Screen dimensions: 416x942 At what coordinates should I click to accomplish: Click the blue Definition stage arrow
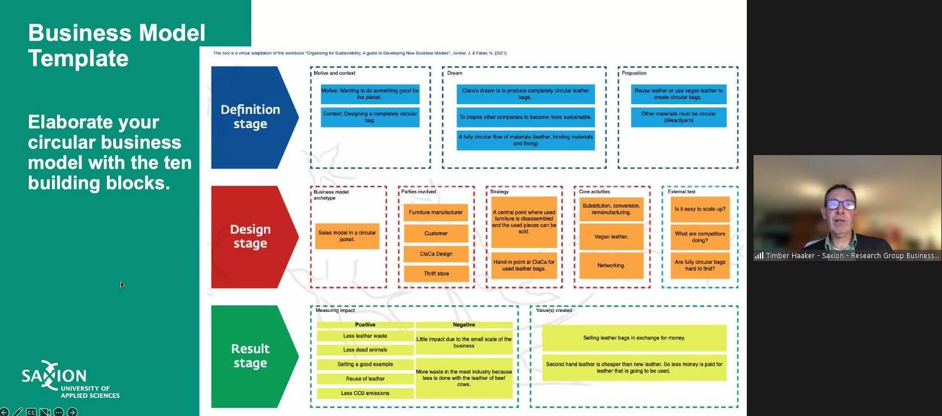coord(251,117)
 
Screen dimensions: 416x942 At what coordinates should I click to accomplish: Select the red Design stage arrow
coord(251,237)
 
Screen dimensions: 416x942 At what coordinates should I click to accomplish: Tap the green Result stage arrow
coord(251,356)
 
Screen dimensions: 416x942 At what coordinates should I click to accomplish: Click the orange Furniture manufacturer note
coord(436,213)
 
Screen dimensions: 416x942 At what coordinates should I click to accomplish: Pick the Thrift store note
coord(436,274)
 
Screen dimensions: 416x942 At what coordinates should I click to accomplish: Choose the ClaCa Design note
coord(436,254)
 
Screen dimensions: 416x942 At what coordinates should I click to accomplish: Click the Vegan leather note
coord(611,237)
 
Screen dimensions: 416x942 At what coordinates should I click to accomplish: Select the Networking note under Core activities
coord(611,265)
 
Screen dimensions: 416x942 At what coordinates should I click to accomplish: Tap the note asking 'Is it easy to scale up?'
coord(700,209)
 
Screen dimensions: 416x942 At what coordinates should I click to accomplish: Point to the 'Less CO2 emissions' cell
coord(365,393)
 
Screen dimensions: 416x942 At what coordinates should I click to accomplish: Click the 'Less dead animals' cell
coord(365,350)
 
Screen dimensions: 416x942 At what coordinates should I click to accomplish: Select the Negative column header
coord(464,325)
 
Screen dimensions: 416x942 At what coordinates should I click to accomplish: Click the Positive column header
coord(365,325)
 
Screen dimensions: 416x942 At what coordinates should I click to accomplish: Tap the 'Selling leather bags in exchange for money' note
coord(634,338)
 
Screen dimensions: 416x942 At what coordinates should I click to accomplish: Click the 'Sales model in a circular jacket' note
coord(347,236)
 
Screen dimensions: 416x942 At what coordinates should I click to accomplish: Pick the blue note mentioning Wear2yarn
coord(678,117)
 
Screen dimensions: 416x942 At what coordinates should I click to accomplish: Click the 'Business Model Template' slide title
coord(117,45)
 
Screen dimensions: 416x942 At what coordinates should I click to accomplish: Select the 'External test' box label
coord(681,192)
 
